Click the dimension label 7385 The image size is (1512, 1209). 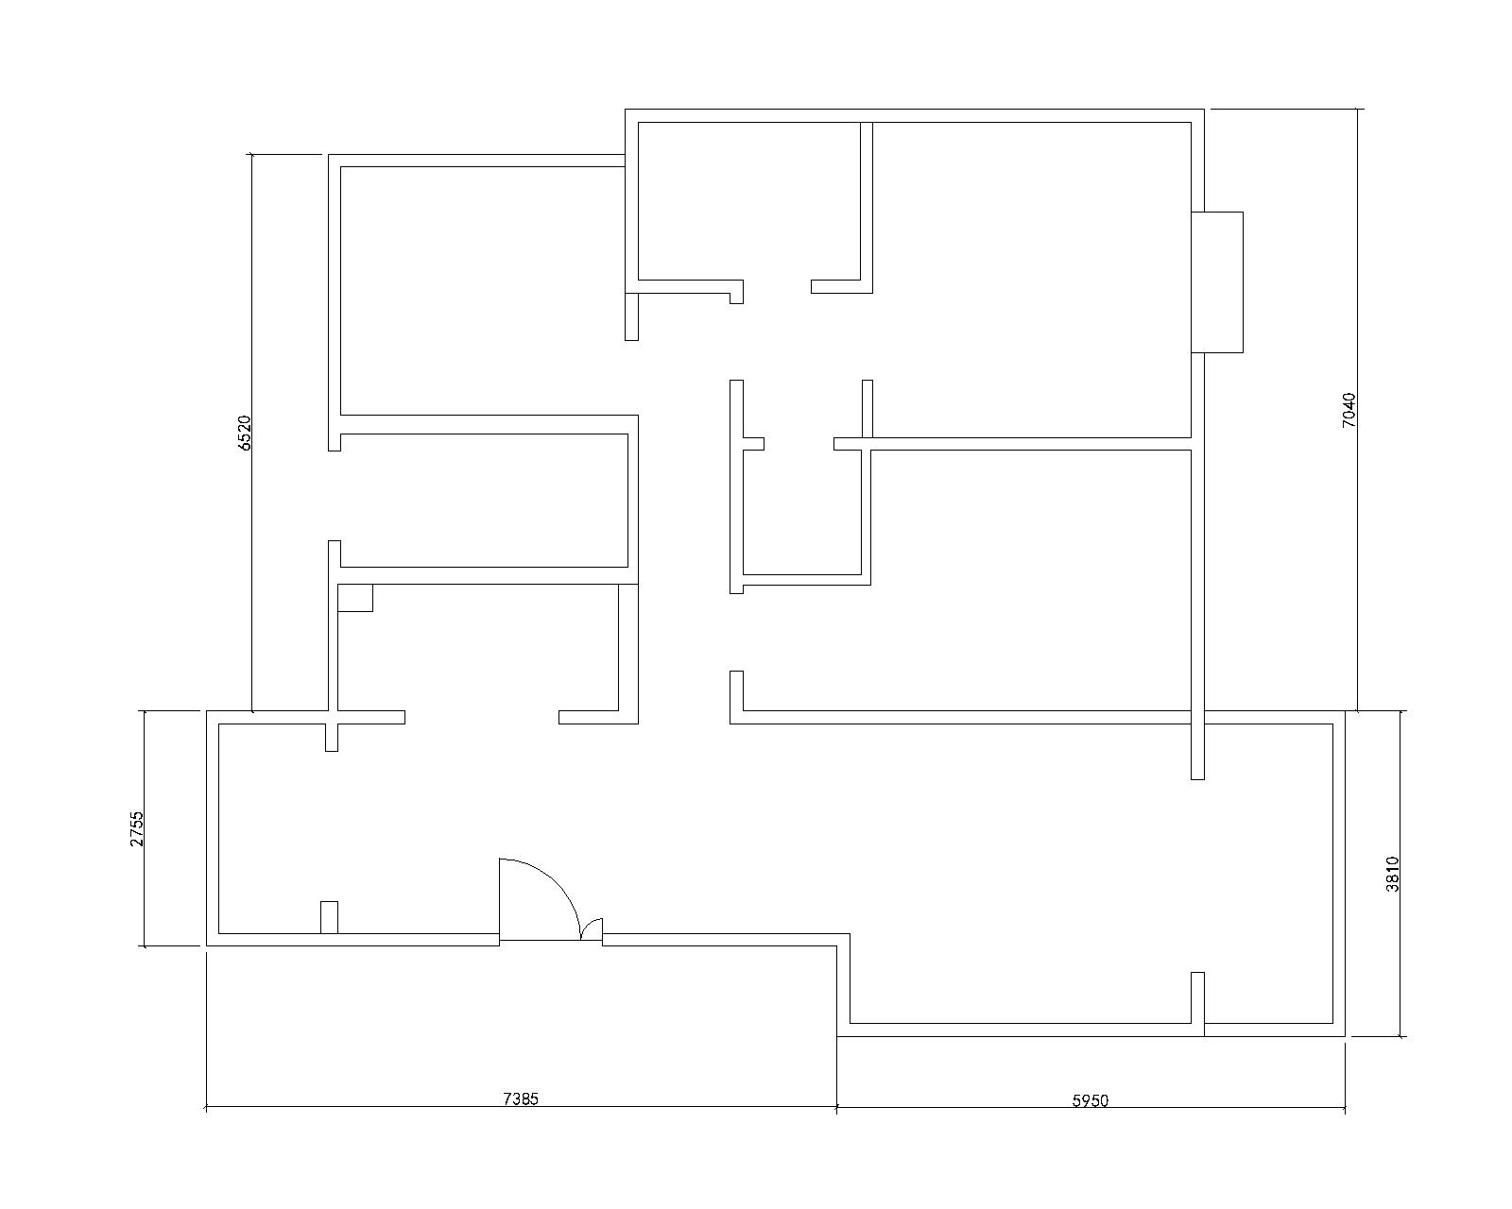pyautogui.click(x=521, y=1098)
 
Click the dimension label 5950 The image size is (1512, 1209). pyautogui.click(x=1091, y=1100)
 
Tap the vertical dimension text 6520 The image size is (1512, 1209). pyautogui.click(x=244, y=433)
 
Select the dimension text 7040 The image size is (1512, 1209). pyautogui.click(x=1349, y=410)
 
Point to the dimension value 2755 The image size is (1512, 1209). pyautogui.click(x=136, y=829)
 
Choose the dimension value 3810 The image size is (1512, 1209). pyautogui.click(x=1392, y=875)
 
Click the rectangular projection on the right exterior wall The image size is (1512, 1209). pyautogui.click(x=1217, y=282)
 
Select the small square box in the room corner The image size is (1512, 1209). pyautogui.click(x=354, y=598)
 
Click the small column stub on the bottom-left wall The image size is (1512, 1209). pyautogui.click(x=329, y=917)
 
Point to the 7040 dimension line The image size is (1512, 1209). pyautogui.click(x=1357, y=410)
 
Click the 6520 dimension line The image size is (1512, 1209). pyautogui.click(x=252, y=433)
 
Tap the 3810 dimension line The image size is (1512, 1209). pyautogui.click(x=1400, y=874)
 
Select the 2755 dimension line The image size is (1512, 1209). pyautogui.click(x=145, y=828)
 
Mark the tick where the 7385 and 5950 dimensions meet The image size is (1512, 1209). pyautogui.click(x=837, y=1108)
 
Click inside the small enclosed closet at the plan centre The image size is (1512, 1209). pyautogui.click(x=802, y=513)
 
